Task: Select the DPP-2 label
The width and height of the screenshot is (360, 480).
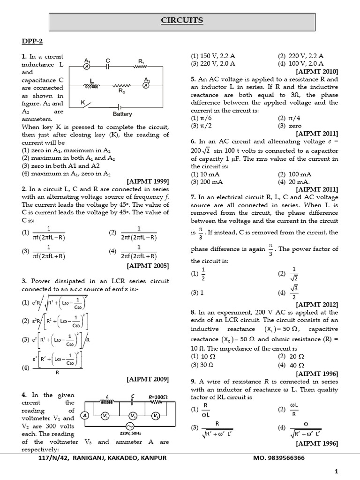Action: [32, 42]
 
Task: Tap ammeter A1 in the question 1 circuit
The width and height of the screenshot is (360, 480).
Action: [87, 67]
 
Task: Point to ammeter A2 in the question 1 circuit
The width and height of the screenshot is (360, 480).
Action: [147, 86]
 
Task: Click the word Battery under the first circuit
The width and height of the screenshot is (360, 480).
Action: [122, 114]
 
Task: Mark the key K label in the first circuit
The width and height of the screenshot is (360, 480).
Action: [83, 101]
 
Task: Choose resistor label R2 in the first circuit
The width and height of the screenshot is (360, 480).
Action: [121, 92]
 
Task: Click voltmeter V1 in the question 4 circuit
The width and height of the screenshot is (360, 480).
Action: [106, 416]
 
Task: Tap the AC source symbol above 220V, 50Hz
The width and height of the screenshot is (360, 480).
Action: [127, 426]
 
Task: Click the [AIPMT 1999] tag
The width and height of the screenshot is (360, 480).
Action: [148, 181]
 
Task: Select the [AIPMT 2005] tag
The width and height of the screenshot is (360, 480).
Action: [148, 266]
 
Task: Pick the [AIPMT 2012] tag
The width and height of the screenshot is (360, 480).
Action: [317, 304]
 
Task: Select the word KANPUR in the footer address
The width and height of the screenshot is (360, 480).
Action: [152, 457]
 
